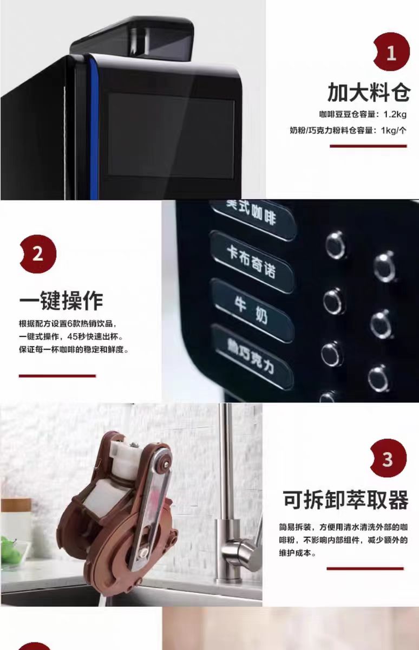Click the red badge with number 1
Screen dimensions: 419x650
tap(391, 51)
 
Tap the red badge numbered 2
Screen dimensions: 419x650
tap(38, 253)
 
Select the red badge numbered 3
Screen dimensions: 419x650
tap(388, 458)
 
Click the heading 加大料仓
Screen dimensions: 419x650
tap(369, 92)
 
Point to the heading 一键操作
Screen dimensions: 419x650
tap(61, 300)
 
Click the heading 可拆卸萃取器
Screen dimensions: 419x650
tap(345, 499)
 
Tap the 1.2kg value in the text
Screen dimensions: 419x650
tap(395, 114)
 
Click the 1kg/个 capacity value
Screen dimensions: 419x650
tap(394, 131)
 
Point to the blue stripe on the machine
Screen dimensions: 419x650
tap(93, 128)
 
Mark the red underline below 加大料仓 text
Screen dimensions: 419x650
tap(368, 146)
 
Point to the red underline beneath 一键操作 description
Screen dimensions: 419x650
tap(57, 376)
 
